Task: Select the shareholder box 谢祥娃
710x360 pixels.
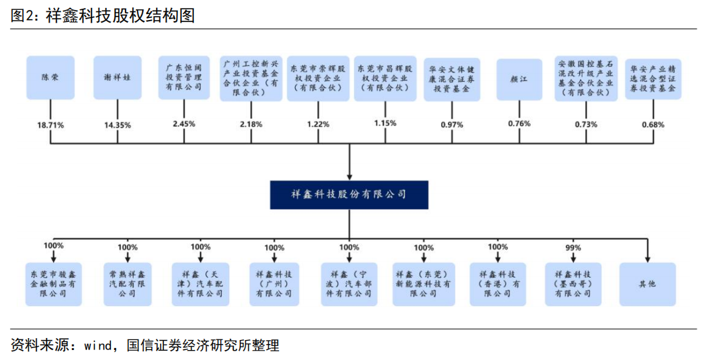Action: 118,78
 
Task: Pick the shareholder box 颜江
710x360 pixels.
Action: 520,78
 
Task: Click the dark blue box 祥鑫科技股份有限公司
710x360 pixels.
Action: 349,194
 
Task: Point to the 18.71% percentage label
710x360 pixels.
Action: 51,124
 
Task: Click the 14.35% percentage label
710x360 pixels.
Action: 118,124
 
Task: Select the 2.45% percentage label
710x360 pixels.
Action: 184,124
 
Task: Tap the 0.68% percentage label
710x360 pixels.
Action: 653,124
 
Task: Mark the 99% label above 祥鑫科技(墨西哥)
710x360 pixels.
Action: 573,247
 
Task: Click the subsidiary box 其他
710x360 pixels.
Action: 647,284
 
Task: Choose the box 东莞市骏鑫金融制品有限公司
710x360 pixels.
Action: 53,284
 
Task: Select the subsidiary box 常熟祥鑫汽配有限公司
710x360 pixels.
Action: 128,284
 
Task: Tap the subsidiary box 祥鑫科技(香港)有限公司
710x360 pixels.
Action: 498,284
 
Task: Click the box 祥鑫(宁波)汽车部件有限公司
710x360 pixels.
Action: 349,284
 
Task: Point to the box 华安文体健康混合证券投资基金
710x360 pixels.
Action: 452,78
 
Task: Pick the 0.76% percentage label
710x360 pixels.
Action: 519,124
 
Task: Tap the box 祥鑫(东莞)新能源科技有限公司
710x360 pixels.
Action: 424,284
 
